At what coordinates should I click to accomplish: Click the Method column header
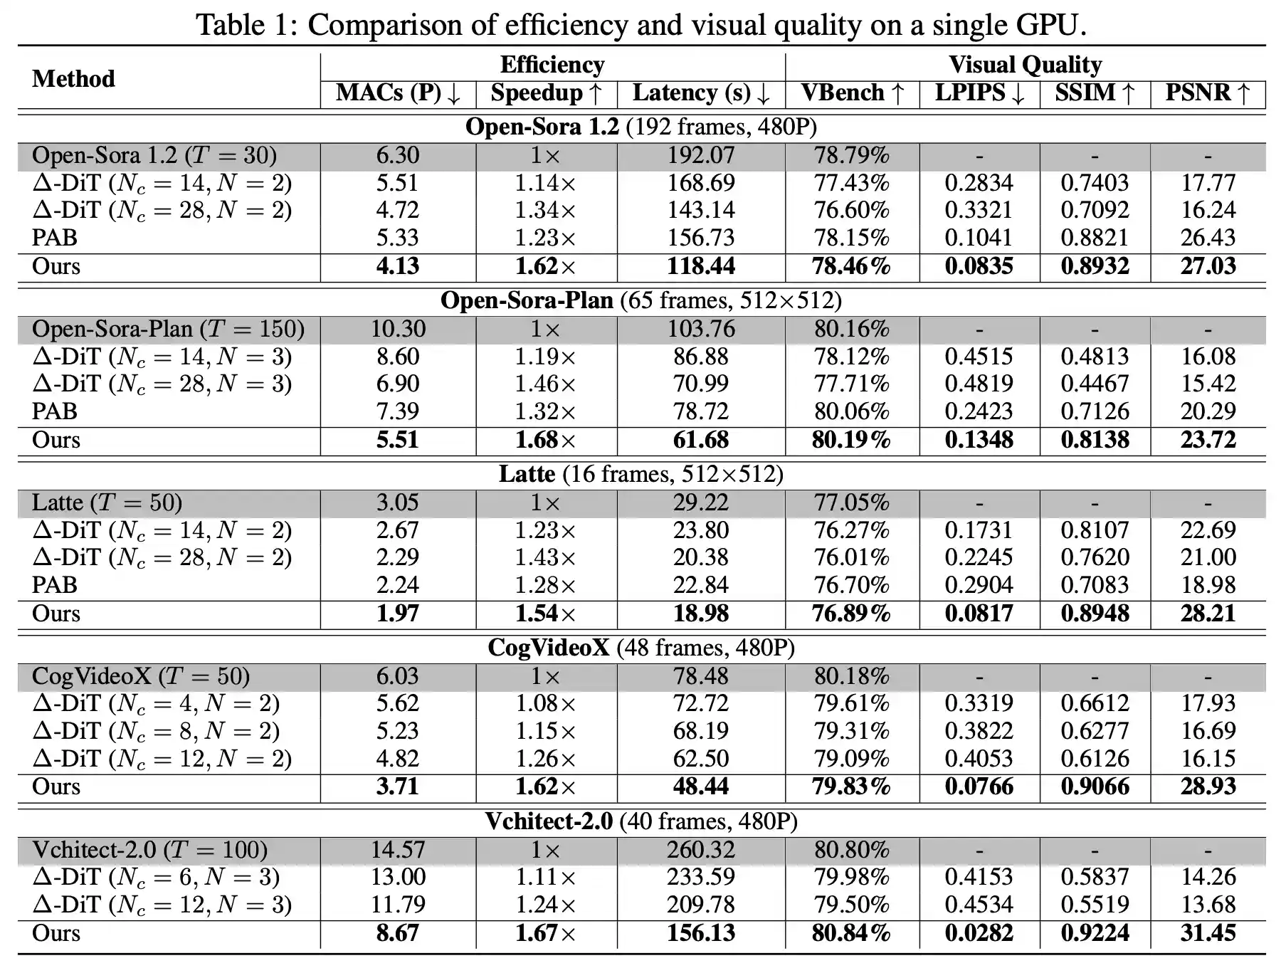point(73,78)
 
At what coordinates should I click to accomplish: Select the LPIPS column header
point(979,93)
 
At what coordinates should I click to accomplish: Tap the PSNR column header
point(1207,93)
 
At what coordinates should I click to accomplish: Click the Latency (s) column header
point(700,93)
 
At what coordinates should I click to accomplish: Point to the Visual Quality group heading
point(1025,65)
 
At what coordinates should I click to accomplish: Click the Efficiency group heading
point(552,65)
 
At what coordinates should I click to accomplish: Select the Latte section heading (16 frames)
point(640,474)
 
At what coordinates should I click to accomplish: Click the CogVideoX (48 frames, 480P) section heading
point(640,648)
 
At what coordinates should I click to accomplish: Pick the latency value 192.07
point(700,156)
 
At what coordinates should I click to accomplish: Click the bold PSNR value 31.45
point(1208,933)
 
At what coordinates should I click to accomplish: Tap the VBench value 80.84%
point(851,933)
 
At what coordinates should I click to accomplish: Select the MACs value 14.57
point(397,850)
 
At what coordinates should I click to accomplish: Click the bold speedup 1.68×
point(545,440)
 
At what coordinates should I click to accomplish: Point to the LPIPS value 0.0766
point(979,786)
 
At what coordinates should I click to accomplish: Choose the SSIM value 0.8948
point(1095,614)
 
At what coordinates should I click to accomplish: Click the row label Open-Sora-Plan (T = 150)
point(168,330)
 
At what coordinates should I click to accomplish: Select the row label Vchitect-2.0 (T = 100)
point(149,850)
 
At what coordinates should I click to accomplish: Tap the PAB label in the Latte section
point(55,585)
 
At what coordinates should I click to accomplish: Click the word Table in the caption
point(231,26)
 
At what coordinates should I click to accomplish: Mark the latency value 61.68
point(700,440)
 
